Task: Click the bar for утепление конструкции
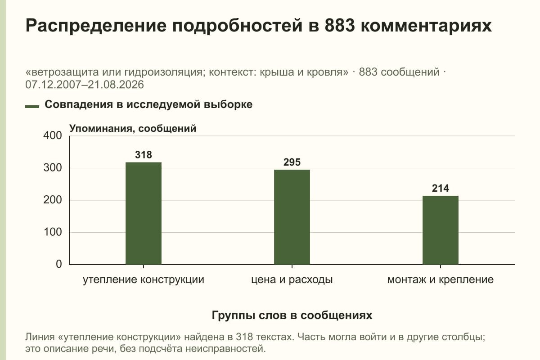point(144,213)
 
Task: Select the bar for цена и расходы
point(292,217)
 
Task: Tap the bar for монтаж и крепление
point(441,230)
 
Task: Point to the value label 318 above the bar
point(144,155)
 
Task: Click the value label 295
point(292,162)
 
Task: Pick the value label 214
point(441,188)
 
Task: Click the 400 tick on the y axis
point(53,135)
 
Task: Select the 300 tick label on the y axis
point(53,168)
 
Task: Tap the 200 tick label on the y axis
point(53,200)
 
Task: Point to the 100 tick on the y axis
point(53,232)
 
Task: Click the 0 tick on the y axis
point(59,264)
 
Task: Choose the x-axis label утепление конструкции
point(144,280)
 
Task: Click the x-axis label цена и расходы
point(292,280)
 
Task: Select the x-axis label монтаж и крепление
point(441,280)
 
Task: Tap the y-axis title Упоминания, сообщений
point(133,129)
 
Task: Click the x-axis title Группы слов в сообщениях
point(292,315)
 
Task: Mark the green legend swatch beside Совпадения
point(32,106)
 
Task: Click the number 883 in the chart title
point(340,25)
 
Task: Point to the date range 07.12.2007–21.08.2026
point(85,85)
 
